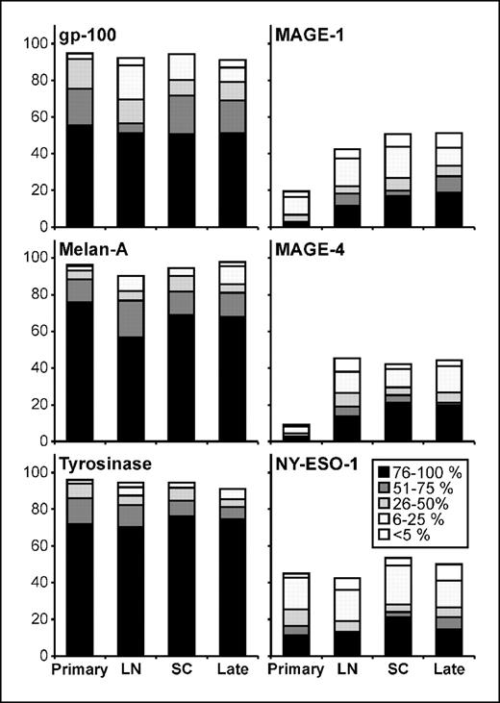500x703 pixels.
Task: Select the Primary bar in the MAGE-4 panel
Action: point(296,434)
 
